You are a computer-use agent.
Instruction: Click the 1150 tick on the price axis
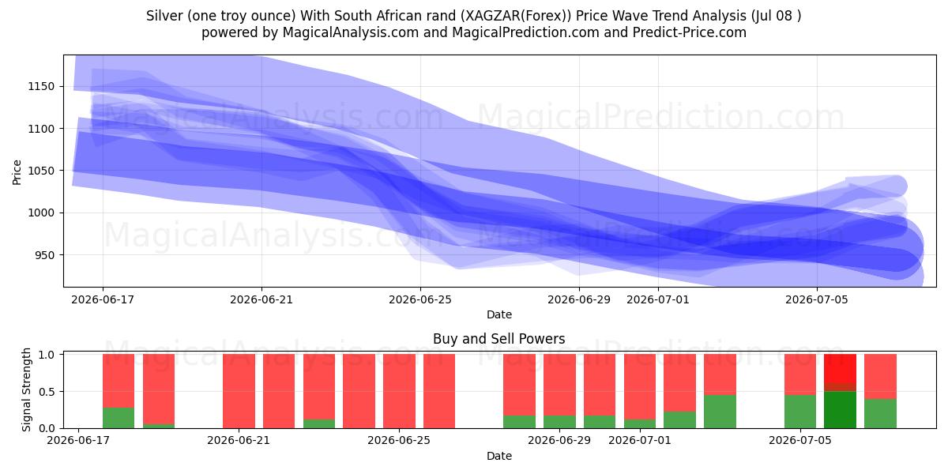41,86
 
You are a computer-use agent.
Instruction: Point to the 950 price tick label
44,255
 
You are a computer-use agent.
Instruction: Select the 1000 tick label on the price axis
41,213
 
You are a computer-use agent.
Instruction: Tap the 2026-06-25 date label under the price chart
420,299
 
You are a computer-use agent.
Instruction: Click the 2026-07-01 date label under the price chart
657,299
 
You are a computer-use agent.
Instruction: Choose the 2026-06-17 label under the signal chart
78,440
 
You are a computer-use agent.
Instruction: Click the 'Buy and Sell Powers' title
499,339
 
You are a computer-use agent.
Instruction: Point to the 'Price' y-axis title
17,172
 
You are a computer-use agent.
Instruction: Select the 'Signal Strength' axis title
26,389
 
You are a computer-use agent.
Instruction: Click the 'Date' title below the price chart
499,314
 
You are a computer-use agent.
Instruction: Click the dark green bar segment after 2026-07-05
840,410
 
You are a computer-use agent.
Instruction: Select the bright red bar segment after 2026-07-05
840,368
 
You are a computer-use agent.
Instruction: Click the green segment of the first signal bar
118,418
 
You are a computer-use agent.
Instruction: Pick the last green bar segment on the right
880,413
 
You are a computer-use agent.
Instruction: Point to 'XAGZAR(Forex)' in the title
516,16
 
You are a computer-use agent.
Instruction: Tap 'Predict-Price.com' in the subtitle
690,32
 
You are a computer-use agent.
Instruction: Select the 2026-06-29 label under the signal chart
559,440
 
